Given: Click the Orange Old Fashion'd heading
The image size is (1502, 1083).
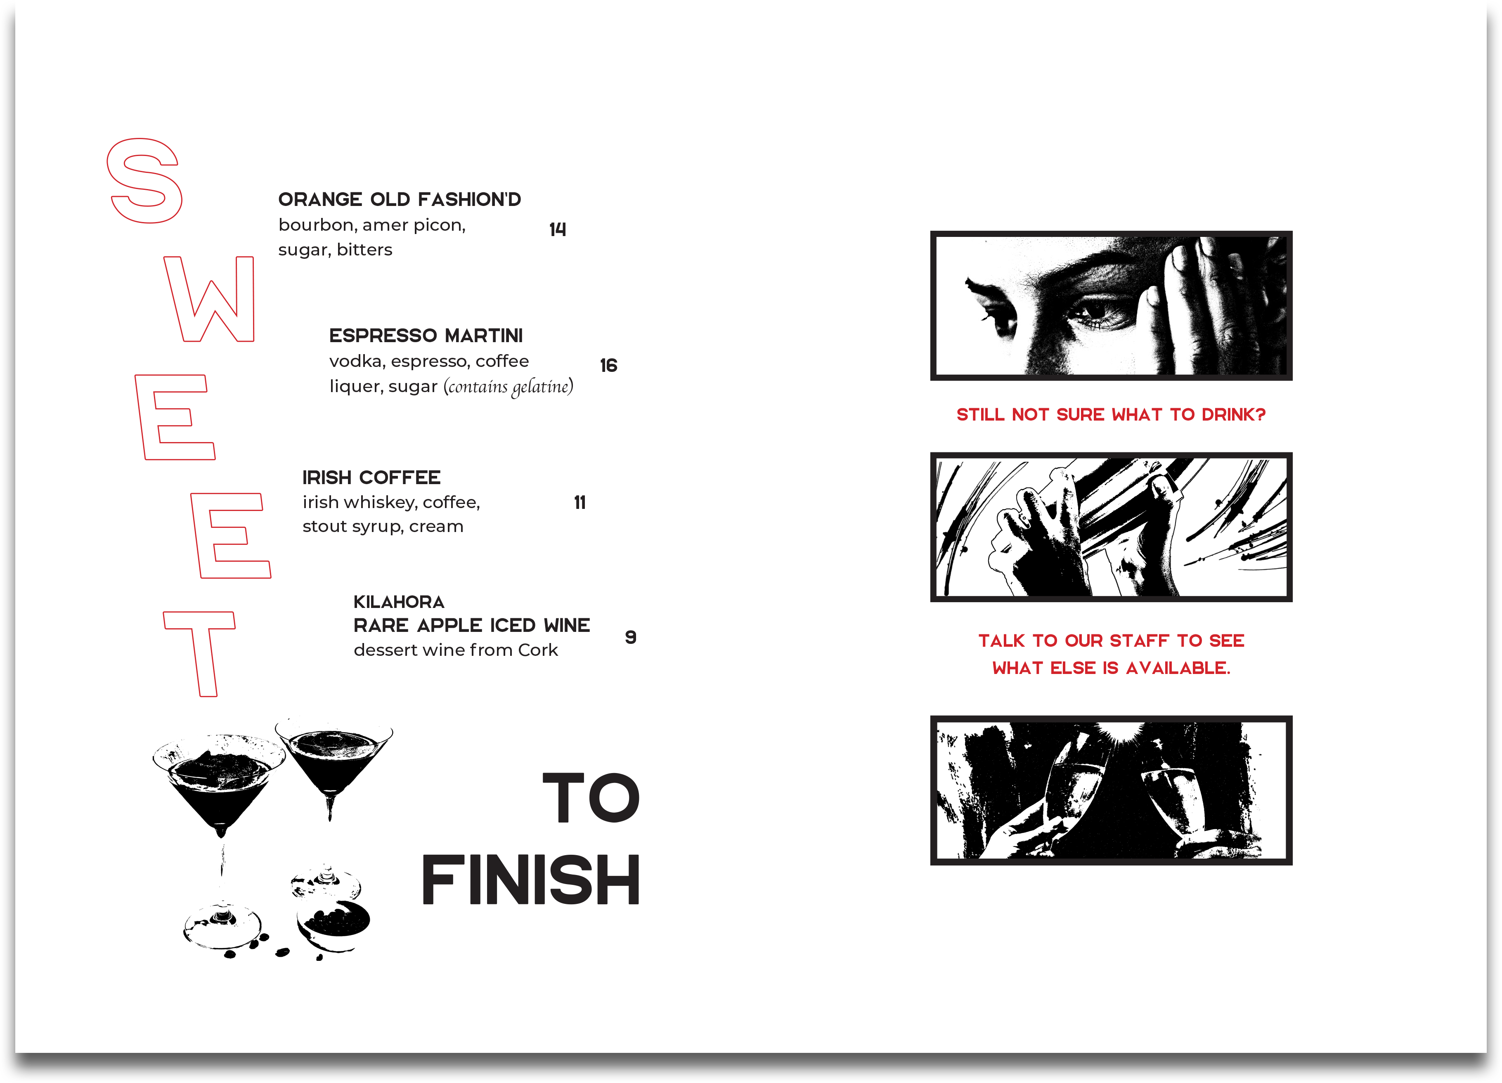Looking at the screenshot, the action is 400,199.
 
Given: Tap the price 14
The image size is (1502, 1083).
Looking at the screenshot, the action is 558,229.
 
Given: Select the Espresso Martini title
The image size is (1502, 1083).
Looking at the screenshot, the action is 426,336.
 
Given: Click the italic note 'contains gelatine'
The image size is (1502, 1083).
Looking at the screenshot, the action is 509,387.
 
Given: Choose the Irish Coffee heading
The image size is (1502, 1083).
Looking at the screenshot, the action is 371,478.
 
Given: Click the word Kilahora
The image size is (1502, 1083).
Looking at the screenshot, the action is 399,602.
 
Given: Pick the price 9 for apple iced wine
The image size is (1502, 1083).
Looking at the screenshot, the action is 630,637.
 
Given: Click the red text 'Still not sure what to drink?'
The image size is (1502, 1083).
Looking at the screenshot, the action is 1111,415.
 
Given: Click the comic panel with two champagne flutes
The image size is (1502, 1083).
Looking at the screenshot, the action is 1111,790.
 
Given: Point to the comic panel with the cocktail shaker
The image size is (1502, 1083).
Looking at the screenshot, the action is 1111,527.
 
